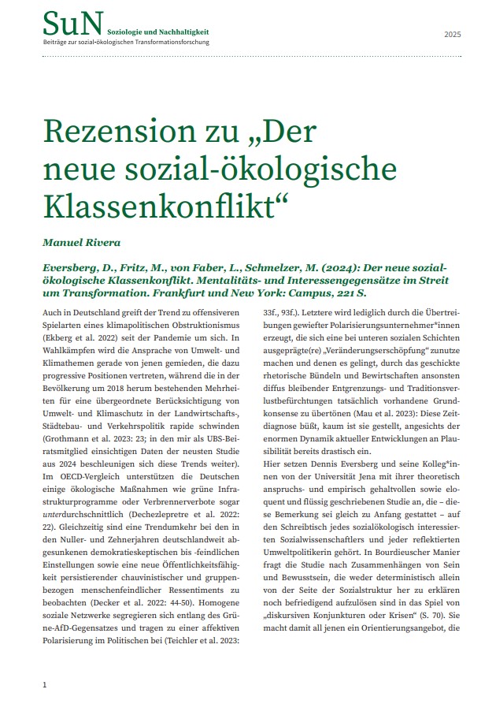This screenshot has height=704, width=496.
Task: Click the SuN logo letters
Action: (x=72, y=24)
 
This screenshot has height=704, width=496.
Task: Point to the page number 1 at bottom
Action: (x=45, y=684)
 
